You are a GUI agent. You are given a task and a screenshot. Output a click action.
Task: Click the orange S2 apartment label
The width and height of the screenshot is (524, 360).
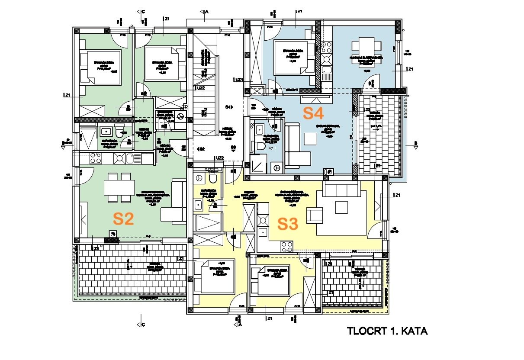123,219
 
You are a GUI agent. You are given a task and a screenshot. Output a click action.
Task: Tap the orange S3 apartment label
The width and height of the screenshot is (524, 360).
288,224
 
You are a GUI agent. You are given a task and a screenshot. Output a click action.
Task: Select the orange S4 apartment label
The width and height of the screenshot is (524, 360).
313,113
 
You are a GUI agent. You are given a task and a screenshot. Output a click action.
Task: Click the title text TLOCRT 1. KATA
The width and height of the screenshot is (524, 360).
387,331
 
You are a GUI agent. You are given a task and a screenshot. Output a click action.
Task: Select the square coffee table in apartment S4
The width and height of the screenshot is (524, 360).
310,138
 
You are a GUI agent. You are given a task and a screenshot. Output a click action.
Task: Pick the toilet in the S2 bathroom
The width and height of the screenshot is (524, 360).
119,132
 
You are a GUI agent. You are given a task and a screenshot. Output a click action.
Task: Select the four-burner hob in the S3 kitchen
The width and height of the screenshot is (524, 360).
287,247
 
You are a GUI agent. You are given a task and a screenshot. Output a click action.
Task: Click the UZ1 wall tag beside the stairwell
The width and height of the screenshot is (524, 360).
238,80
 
